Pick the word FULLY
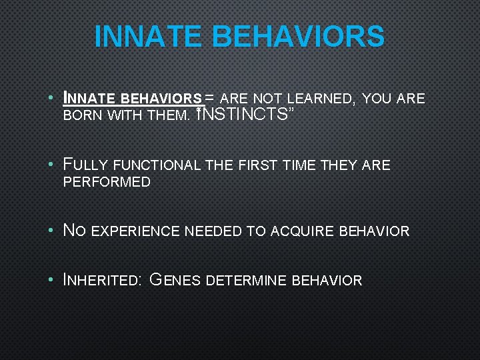pyautogui.click(x=85, y=165)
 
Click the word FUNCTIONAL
pyautogui.click(x=157, y=165)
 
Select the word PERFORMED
pyautogui.click(x=107, y=182)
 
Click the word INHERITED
pyautogui.click(x=101, y=280)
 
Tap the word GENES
pyautogui.click(x=175, y=280)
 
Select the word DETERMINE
pyautogui.click(x=249, y=280)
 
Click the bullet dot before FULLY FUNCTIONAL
pyautogui.click(x=51, y=165)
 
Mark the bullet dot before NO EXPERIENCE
pyautogui.click(x=51, y=231)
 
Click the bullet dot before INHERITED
pyautogui.click(x=51, y=280)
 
